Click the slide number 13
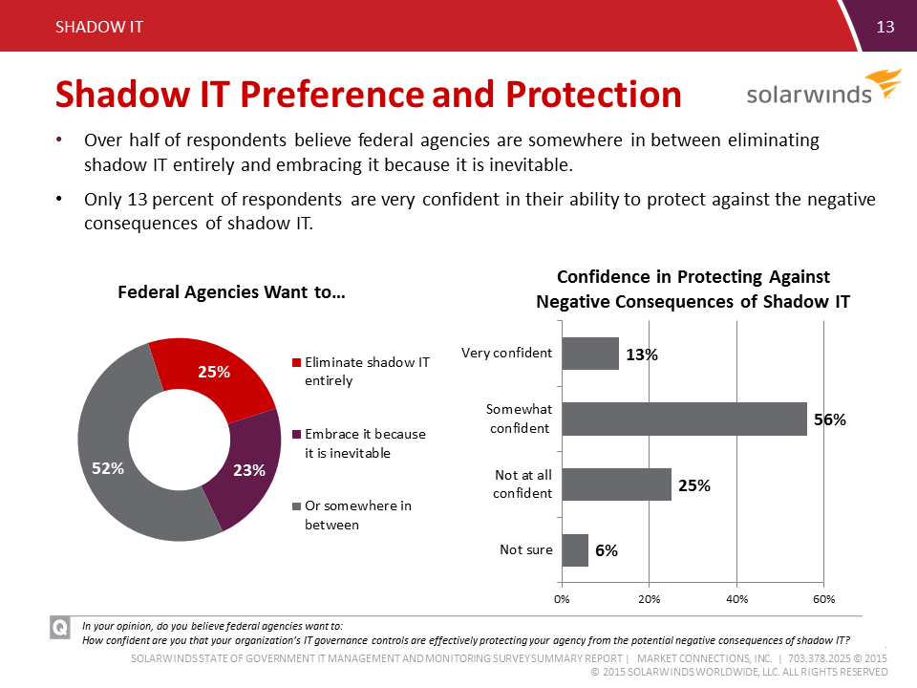coord(885,27)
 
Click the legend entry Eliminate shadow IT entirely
coord(359,371)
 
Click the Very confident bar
coord(590,353)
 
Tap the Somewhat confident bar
coord(684,419)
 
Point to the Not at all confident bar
coord(616,484)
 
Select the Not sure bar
coord(575,549)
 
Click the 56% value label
coord(828,419)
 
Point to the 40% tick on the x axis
coord(736,599)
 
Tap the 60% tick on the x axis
coord(823,599)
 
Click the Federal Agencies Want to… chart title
coord(231,292)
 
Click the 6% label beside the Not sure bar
coord(607,550)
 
